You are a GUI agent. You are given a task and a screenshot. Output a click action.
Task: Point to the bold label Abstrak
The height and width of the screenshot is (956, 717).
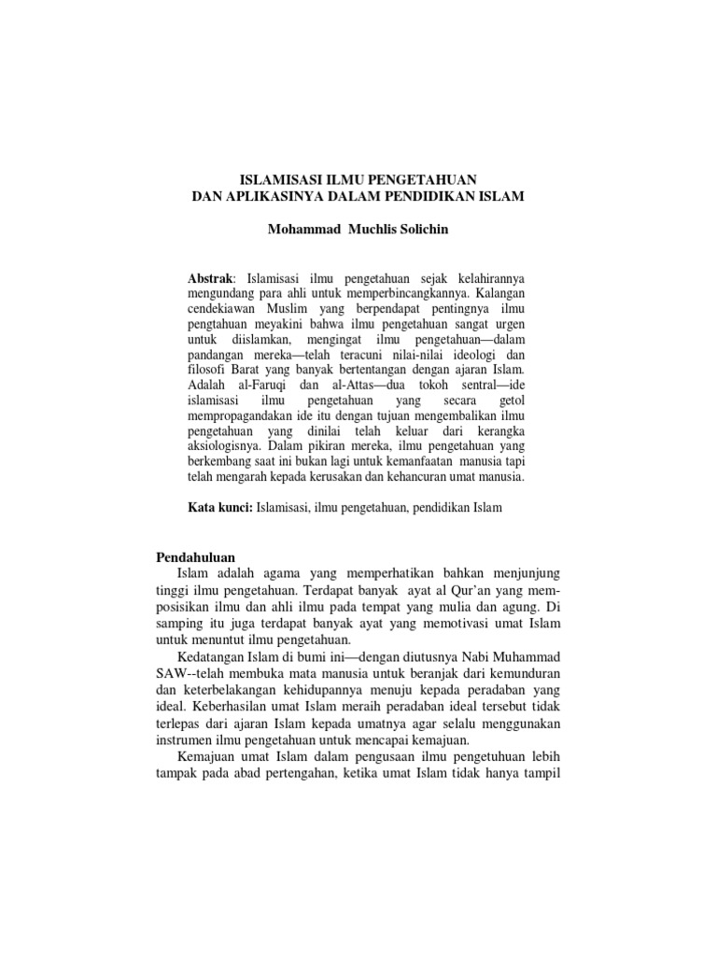coord(210,279)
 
